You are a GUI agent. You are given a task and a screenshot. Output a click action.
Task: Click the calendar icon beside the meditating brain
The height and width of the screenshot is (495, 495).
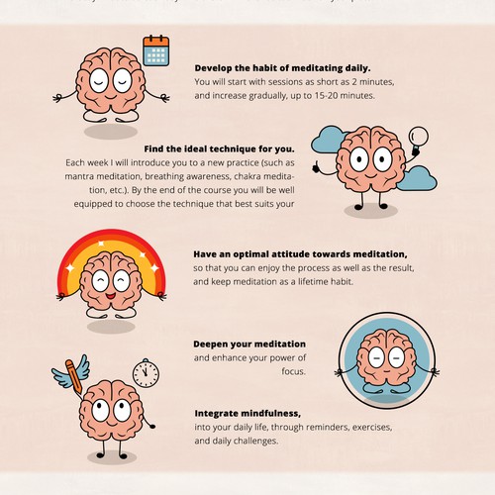(x=156, y=49)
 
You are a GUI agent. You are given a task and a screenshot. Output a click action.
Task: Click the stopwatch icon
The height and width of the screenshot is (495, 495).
(x=146, y=372)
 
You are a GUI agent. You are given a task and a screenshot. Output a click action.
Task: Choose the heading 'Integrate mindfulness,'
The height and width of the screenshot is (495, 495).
(x=247, y=413)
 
